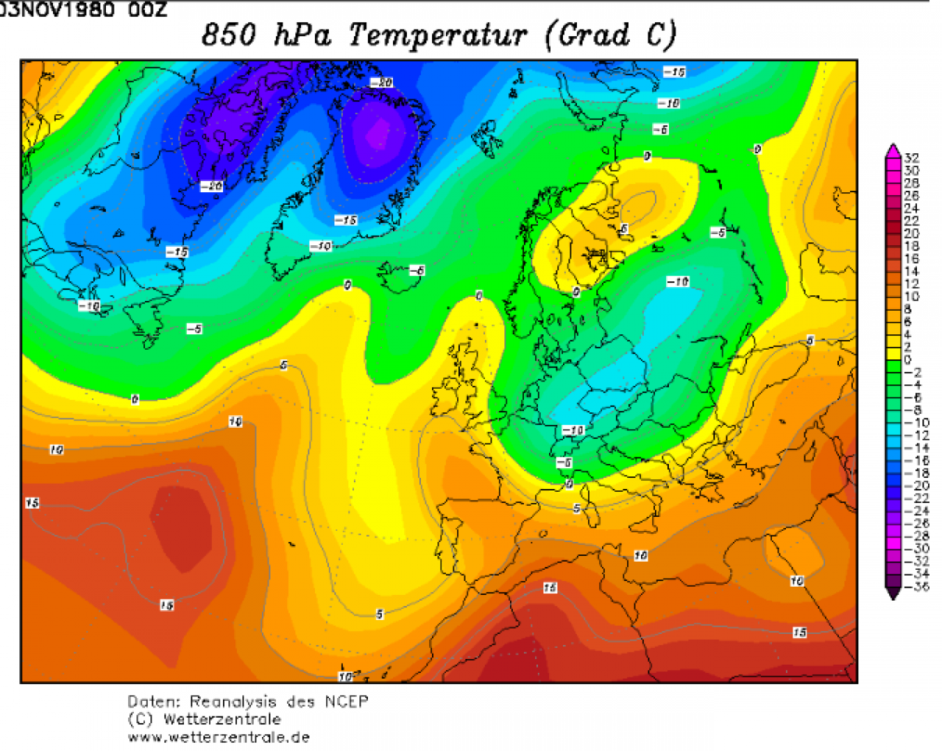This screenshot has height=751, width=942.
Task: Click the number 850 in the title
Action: click(229, 35)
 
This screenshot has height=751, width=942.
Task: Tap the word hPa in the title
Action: click(302, 35)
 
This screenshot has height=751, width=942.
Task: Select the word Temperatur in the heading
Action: click(438, 35)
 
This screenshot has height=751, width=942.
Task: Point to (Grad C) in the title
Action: click(610, 35)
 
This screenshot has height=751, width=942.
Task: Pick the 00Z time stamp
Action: click(147, 10)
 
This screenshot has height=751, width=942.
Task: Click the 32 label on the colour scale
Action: click(912, 158)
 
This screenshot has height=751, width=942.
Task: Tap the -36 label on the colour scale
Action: click(916, 586)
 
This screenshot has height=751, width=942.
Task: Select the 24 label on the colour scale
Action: click(912, 208)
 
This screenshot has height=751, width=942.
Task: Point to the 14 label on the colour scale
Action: click(912, 271)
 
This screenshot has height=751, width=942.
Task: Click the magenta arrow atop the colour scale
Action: click(893, 151)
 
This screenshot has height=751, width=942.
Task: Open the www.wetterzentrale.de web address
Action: click(219, 737)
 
